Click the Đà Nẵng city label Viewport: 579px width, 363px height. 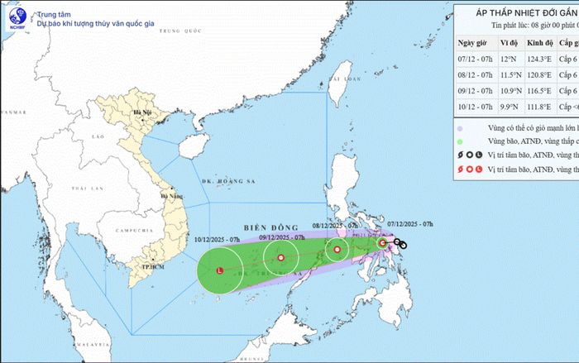(173, 196)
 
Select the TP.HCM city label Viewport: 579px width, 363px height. (151, 267)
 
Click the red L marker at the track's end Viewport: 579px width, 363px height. (219, 271)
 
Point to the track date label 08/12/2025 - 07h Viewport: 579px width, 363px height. (336, 224)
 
